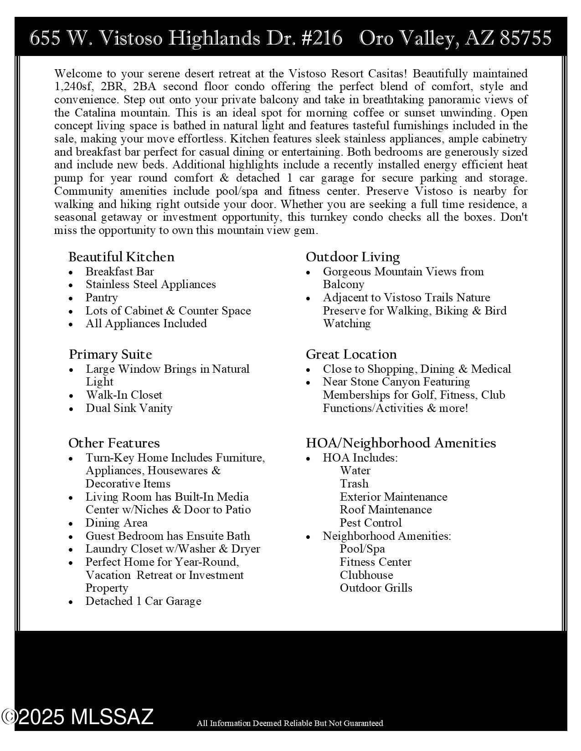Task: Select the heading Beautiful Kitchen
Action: click(x=121, y=257)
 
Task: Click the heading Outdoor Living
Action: click(x=353, y=257)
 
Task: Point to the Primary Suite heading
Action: click(x=110, y=355)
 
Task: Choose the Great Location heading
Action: click(x=351, y=355)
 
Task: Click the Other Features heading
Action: click(x=114, y=443)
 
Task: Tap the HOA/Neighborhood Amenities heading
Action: click(x=401, y=443)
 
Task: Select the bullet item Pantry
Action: click(x=102, y=298)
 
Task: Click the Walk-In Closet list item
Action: click(x=124, y=395)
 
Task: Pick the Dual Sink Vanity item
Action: click(x=129, y=408)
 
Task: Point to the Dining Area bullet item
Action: click(x=116, y=523)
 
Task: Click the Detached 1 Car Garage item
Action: click(x=143, y=601)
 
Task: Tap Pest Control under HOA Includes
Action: click(x=370, y=523)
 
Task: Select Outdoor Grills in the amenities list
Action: click(x=376, y=588)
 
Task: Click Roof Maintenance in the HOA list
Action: click(x=386, y=510)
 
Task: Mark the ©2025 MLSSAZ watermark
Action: click(x=77, y=717)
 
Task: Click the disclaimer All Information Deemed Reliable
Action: click(x=290, y=723)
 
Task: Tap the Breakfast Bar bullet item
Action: click(x=120, y=272)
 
